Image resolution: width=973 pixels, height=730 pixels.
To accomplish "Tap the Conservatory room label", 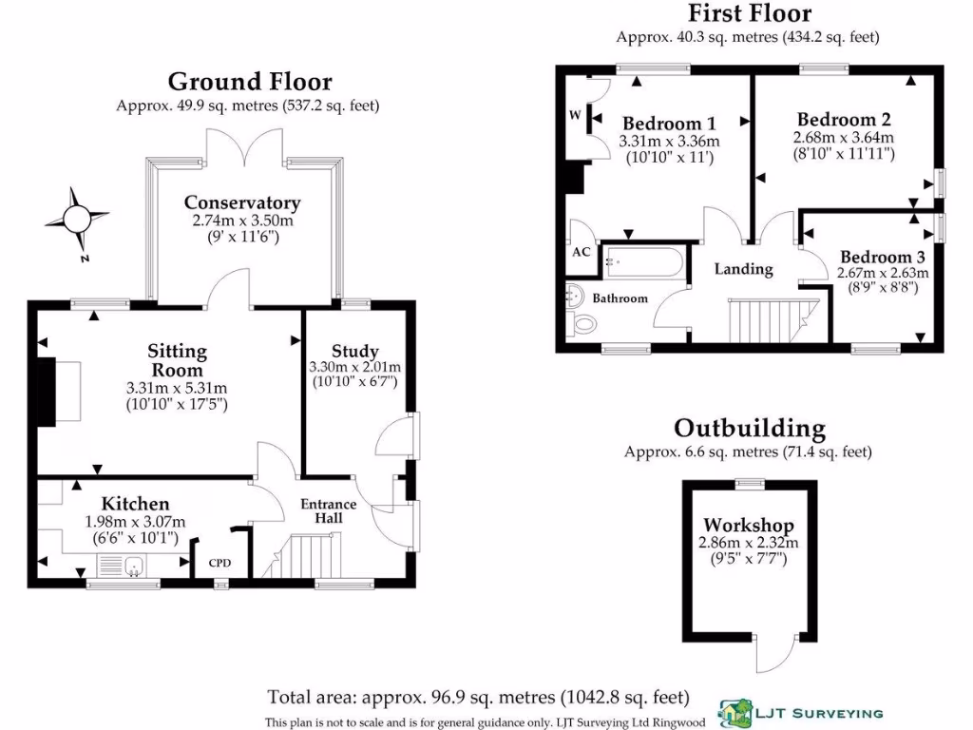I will pos(242,202).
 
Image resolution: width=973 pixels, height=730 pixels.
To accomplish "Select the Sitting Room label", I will pos(177,360).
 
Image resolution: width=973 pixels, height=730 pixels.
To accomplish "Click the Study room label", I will pos(356,351).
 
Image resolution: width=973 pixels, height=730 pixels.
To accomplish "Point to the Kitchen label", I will pos(136,504).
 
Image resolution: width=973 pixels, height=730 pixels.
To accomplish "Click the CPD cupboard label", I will pos(220,563).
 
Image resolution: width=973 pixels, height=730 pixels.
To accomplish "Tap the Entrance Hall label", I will pos(329,510).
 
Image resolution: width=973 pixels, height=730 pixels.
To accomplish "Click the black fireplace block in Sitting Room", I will pos(44,391).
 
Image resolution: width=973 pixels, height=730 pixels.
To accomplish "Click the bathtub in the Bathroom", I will pos(643,262).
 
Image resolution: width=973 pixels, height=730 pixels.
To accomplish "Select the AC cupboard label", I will pos(581,253).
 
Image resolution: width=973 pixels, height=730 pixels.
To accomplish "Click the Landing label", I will pos(743,269).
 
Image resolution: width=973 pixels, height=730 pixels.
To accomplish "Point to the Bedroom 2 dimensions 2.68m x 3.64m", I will pos(844,138).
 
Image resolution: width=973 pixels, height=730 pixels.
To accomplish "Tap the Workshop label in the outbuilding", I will pos(749,526).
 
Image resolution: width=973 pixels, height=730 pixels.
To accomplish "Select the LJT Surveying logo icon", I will pos(733,710).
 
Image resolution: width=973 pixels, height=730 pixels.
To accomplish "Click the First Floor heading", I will pos(750,13).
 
